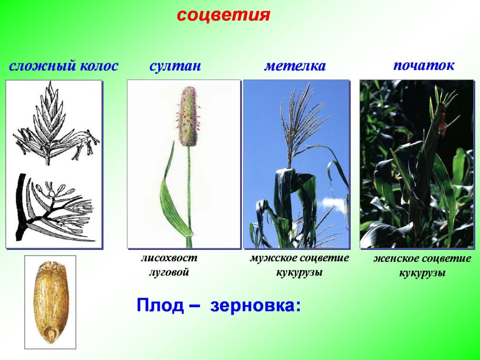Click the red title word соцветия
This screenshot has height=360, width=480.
click(x=223, y=15)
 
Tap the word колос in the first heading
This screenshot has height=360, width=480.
click(x=99, y=66)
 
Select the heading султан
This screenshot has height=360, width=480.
click(x=175, y=66)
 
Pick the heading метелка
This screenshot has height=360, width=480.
click(x=295, y=66)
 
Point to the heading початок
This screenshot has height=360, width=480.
click(x=424, y=65)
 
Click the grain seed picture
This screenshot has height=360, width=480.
click(x=51, y=302)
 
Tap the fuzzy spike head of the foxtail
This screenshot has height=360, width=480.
click(x=187, y=117)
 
